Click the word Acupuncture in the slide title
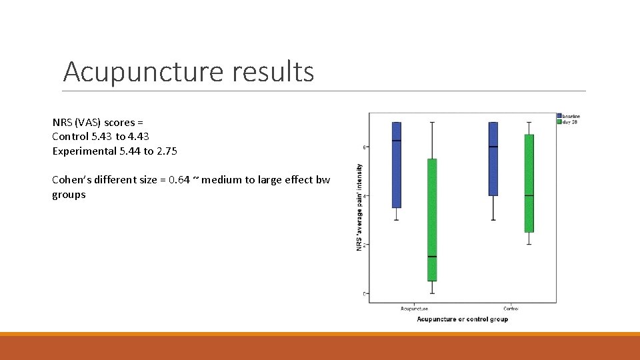tap(143, 72)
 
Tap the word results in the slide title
tap(273, 72)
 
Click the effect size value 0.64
tap(169, 181)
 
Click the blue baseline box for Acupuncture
tap(396, 165)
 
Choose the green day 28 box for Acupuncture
tap(432, 220)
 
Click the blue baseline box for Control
tap(493, 159)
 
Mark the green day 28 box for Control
tap(529, 183)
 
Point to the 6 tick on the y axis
tap(365, 147)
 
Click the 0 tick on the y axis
tap(365, 293)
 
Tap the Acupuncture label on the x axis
tap(414, 309)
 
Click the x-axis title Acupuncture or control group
tap(462, 319)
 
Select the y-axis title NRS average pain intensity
tap(359, 207)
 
